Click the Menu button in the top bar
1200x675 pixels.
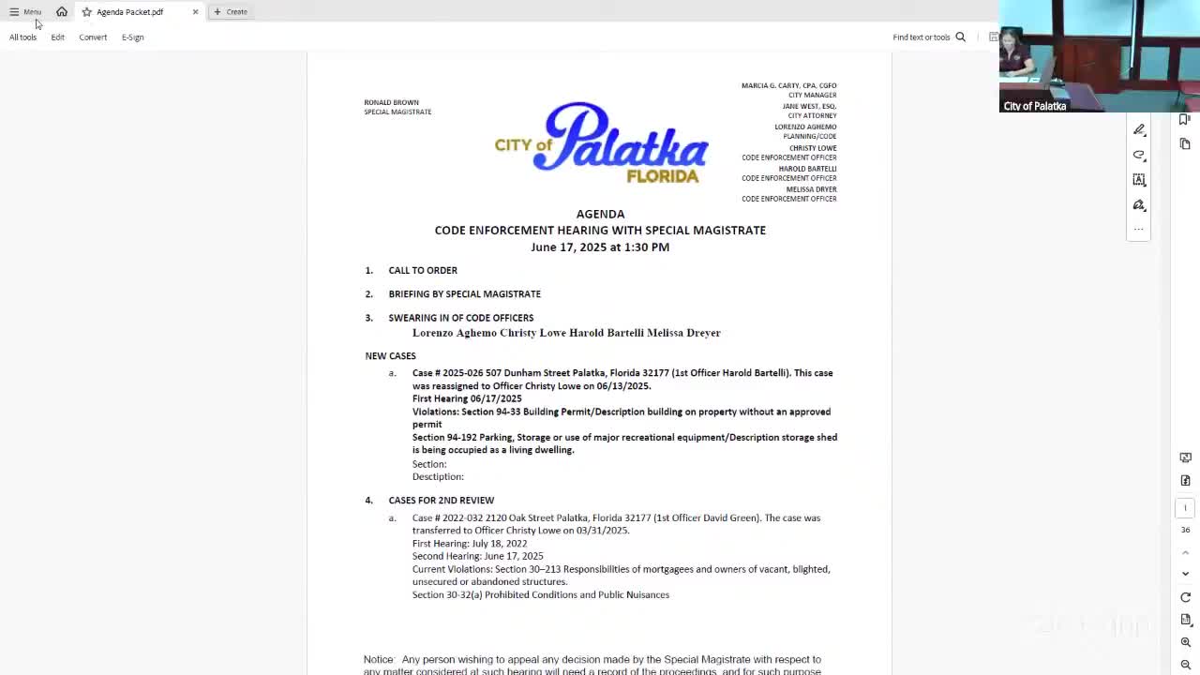pyautogui.click(x=25, y=12)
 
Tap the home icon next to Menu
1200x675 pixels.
pyautogui.click(x=62, y=12)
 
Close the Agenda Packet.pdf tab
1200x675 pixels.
pyautogui.click(x=195, y=12)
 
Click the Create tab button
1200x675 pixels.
pyautogui.click(x=231, y=12)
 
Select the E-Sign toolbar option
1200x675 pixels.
pyautogui.click(x=132, y=37)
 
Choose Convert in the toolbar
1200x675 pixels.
pyautogui.click(x=93, y=37)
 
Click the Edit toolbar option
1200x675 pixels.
pyautogui.click(x=57, y=37)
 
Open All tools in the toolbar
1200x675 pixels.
pyautogui.click(x=22, y=37)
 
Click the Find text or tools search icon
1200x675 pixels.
pyautogui.click(x=960, y=37)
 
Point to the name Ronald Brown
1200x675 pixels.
pyautogui.click(x=391, y=102)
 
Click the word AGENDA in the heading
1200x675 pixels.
pyautogui.click(x=600, y=214)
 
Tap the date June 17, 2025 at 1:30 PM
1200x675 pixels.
pyautogui.click(x=600, y=247)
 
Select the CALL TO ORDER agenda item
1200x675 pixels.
pyautogui.click(x=423, y=270)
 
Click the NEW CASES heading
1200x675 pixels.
pyautogui.click(x=390, y=356)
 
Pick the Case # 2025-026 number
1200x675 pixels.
pyautogui.click(x=447, y=373)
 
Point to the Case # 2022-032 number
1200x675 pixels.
pyautogui.click(x=447, y=517)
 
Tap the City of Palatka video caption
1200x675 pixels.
pyautogui.click(x=1035, y=106)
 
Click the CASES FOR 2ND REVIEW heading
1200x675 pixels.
pyautogui.click(x=441, y=501)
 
